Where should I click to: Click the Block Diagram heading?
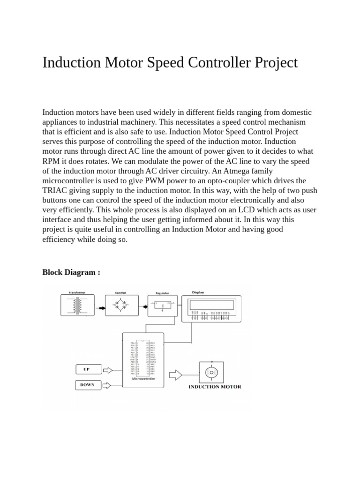coord(71,272)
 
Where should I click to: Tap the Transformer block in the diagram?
coord(77,308)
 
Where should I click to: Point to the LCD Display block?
coord(211,308)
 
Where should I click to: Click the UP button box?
coord(86,369)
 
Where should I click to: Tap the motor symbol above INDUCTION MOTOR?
coord(211,372)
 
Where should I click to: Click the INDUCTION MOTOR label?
coord(215,387)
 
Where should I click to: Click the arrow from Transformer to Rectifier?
coord(100,308)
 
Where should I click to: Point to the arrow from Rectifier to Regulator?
coord(142,308)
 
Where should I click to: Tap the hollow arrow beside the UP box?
coord(107,370)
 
